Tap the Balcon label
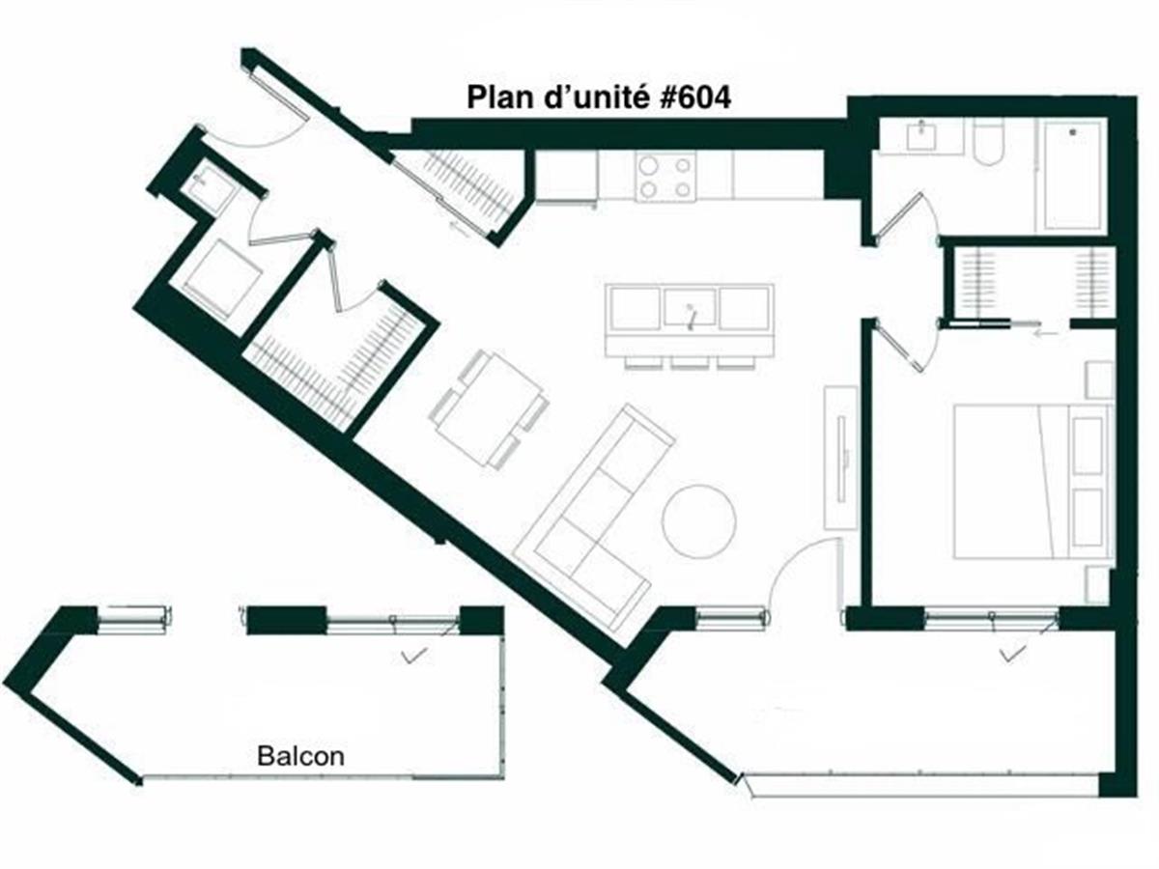(x=300, y=756)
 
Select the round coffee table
(x=698, y=520)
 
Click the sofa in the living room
(x=594, y=517)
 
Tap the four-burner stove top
(x=664, y=177)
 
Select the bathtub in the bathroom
(x=1072, y=175)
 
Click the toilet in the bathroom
(x=988, y=143)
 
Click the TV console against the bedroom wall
(x=840, y=457)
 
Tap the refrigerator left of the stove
(x=566, y=178)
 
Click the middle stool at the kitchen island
(x=690, y=363)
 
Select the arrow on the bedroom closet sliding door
(x=1044, y=332)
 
